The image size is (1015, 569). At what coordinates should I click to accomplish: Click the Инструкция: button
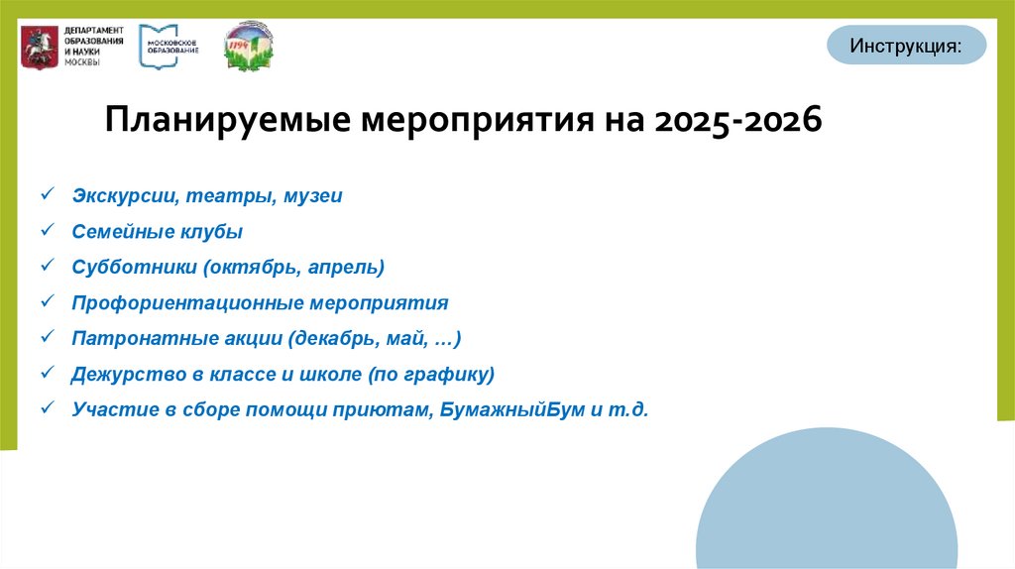[x=906, y=46]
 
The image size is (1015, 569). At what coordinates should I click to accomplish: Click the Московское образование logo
[x=169, y=46]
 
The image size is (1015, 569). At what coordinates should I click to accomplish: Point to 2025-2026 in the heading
[x=737, y=123]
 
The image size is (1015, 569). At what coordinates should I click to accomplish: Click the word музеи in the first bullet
[x=312, y=196]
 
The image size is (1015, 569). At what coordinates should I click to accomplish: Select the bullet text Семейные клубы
[x=157, y=232]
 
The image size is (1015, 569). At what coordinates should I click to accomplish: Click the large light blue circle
[x=827, y=506]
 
